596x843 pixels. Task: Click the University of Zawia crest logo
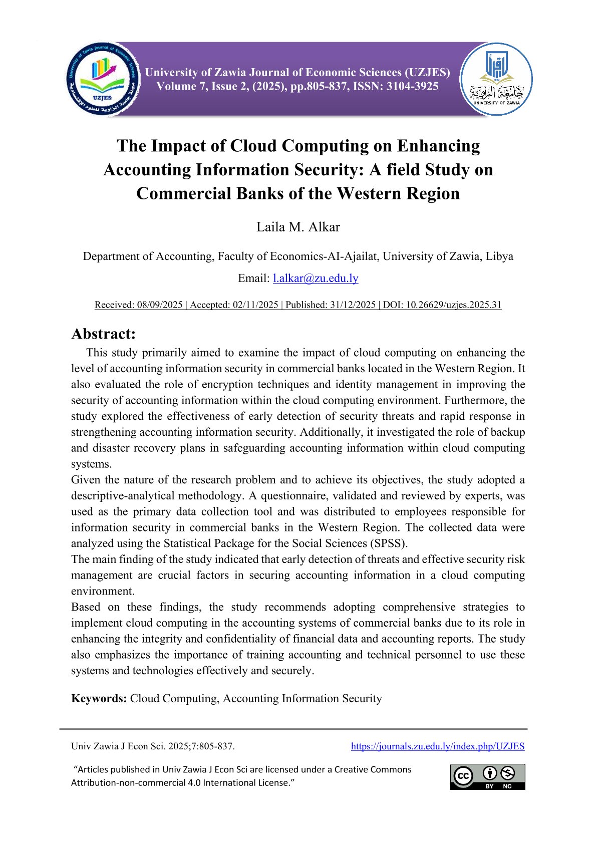(496, 79)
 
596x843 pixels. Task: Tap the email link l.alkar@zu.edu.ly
(316, 278)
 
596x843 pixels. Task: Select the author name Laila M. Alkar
(298, 227)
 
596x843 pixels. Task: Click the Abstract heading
(104, 334)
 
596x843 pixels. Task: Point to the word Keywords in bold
(99, 698)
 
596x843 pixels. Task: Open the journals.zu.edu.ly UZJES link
(437, 746)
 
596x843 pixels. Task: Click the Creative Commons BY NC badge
(487, 777)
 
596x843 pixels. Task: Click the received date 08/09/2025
(160, 305)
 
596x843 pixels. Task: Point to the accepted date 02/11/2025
(255, 305)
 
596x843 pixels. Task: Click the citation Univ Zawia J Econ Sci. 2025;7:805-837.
(153, 746)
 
